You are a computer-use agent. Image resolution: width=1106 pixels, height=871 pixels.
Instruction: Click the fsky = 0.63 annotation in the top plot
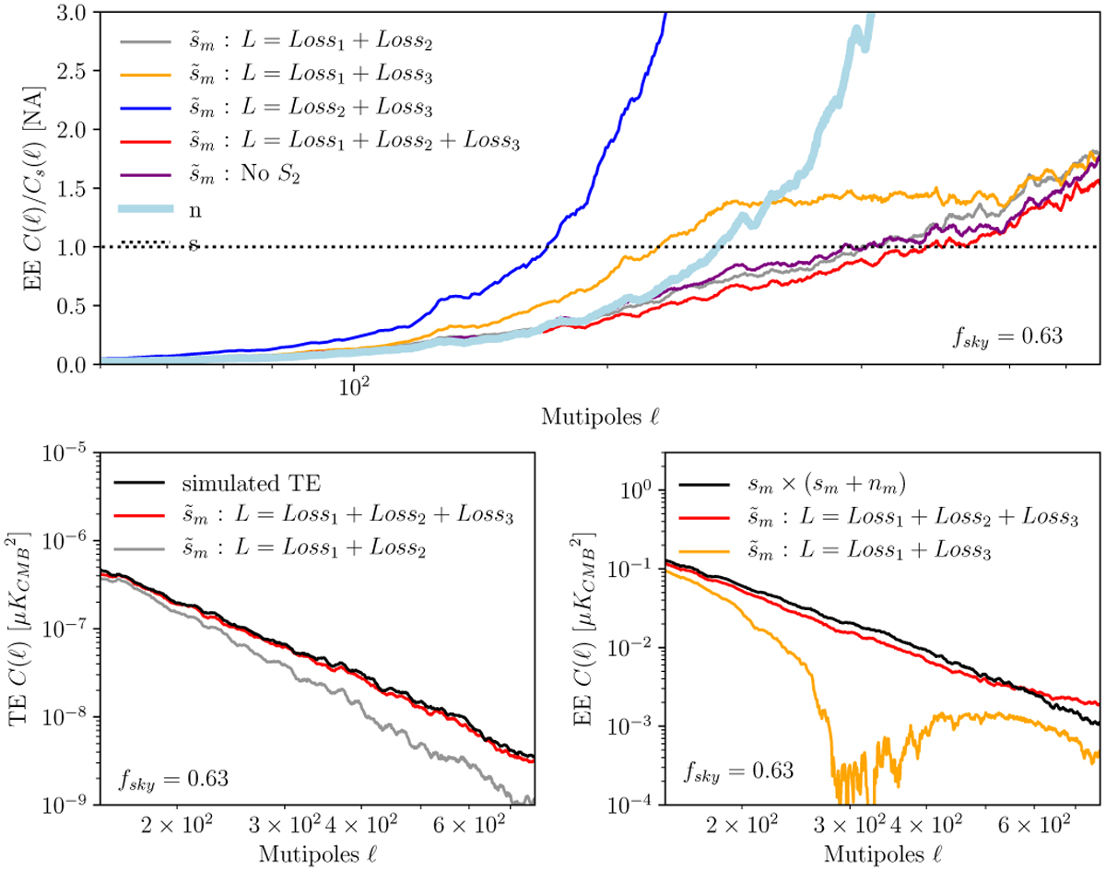coord(1009,336)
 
